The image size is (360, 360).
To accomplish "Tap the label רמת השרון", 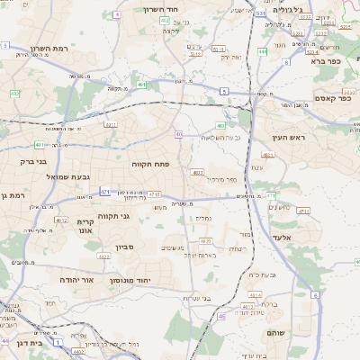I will pos(38,49).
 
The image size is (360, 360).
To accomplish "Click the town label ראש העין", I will pos(289,138).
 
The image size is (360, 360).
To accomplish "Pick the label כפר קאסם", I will pos(332,98).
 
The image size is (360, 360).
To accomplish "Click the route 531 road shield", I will pos(260,13).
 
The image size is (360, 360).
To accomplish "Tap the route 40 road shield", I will pos(179,134).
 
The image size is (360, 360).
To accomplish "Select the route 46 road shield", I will pos(221,316).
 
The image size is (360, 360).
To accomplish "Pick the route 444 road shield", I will pos(262,51).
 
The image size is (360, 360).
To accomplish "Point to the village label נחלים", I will pos(204,218).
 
